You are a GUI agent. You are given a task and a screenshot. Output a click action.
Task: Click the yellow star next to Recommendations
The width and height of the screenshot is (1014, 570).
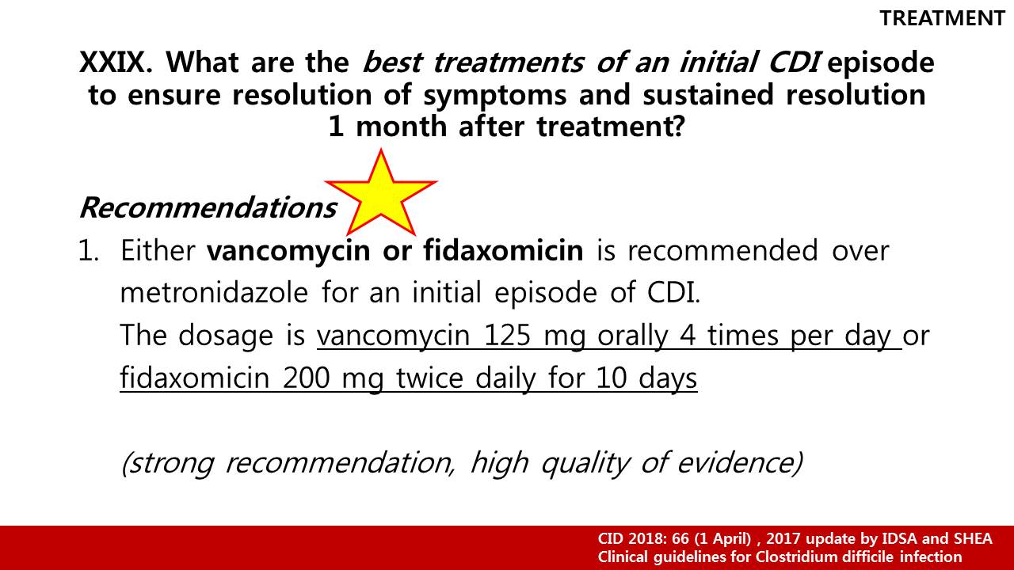coord(381,196)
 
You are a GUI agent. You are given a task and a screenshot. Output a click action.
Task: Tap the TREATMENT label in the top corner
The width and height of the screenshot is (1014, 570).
coord(943,18)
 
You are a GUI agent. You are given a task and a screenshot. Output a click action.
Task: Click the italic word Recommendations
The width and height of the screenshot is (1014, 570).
coord(208,207)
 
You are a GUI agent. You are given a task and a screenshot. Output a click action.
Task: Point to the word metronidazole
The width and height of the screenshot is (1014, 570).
coord(214,292)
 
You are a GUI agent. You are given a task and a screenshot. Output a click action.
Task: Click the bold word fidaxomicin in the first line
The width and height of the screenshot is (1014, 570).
coord(504,249)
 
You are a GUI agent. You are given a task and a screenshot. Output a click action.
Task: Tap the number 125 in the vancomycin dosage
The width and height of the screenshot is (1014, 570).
coord(508,336)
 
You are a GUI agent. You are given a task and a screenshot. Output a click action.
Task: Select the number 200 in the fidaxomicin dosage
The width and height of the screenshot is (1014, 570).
coord(307,378)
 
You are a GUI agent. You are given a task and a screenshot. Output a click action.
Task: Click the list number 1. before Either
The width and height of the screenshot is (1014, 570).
coord(89,250)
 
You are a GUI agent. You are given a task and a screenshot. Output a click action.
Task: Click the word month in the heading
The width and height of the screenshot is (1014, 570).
coord(402,126)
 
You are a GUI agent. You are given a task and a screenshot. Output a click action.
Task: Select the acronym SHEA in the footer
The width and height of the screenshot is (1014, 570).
coord(974,539)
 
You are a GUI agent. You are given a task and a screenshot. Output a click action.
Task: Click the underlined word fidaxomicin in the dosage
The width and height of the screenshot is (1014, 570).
coord(195,378)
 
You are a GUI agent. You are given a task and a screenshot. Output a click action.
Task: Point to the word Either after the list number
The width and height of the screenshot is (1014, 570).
coord(158,250)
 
